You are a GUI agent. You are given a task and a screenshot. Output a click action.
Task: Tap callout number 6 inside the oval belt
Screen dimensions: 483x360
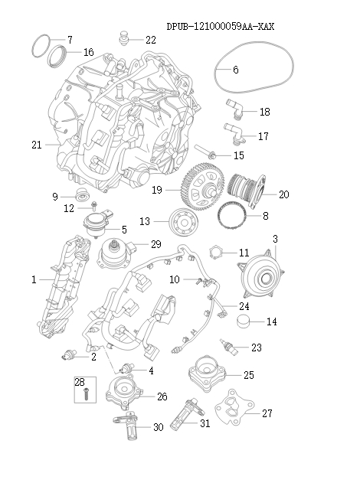point(235,70)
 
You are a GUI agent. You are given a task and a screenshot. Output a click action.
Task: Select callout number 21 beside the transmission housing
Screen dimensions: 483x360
point(36,145)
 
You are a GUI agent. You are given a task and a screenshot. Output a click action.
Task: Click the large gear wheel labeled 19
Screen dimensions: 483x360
point(201,185)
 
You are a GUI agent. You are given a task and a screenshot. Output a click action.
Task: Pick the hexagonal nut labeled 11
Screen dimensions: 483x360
point(218,253)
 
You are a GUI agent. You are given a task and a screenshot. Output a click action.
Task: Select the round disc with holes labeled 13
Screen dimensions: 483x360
point(182,222)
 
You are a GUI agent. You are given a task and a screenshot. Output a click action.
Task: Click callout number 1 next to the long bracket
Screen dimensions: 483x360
point(34,281)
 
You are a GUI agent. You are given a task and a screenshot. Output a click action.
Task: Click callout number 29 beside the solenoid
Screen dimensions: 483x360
point(155,244)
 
